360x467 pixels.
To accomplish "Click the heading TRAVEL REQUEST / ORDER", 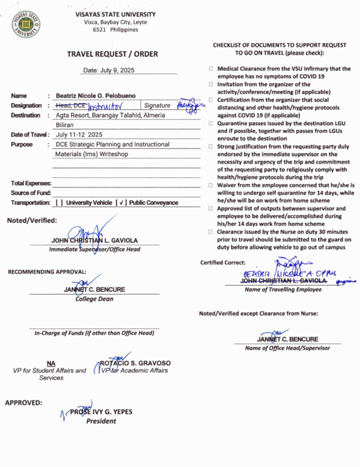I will tap(113, 54).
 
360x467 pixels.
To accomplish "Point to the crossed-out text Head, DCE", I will tap(72, 105).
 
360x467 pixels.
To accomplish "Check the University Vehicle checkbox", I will tap(59, 202).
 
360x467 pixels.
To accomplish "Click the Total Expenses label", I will tap(31, 184).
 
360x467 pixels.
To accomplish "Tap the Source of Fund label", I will tap(31, 193).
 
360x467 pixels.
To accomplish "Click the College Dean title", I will tap(94, 299).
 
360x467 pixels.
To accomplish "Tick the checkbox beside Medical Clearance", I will tap(212, 68).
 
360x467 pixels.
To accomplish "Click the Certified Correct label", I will tap(223, 262).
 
